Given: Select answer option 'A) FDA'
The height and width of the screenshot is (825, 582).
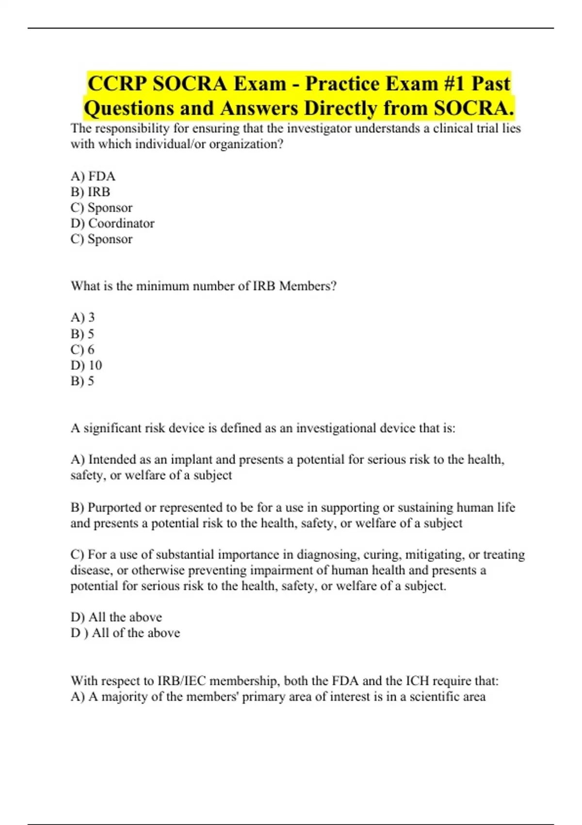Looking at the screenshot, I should click(93, 176).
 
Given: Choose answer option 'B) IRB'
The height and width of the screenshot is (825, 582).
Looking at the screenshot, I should click(91, 192).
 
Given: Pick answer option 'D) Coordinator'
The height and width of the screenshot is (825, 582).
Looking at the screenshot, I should click(113, 223).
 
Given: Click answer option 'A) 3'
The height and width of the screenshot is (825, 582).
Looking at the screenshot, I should click(83, 317).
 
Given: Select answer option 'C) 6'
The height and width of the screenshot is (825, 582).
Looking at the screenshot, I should click(83, 349).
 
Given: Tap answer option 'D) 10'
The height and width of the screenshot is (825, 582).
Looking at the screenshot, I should click(86, 365).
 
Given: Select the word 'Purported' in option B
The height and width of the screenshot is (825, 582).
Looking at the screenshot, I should click(114, 507).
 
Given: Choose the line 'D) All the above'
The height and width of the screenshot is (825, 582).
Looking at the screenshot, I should click(116, 617).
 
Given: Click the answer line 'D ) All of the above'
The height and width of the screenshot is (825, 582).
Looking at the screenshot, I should click(125, 633).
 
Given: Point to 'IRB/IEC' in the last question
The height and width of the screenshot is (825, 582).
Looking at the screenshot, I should click(182, 681).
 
